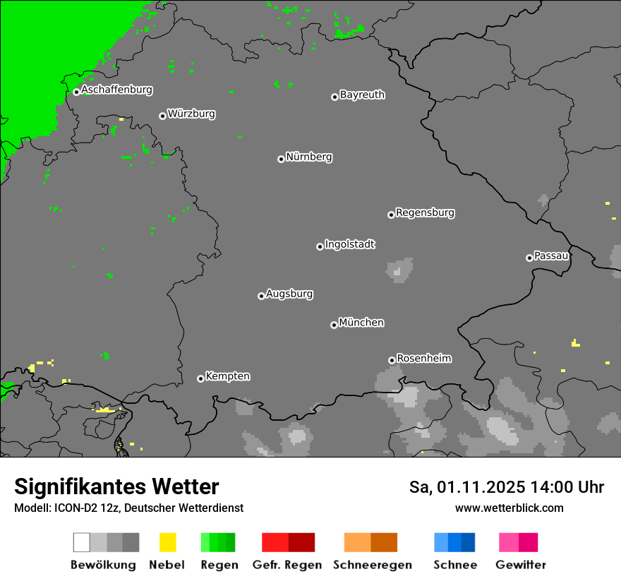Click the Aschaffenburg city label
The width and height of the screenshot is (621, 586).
click(116, 90)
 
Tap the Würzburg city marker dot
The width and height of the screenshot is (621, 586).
click(162, 116)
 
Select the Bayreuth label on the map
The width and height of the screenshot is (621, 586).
click(362, 95)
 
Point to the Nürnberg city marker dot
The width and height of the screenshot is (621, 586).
click(281, 159)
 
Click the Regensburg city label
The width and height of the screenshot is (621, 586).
click(425, 213)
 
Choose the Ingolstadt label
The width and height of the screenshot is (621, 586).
click(349, 244)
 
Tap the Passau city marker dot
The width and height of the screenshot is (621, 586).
click(529, 258)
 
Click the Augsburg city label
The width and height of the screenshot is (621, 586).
click(289, 294)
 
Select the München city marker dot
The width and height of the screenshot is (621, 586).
click(334, 325)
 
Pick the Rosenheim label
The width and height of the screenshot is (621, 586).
click(423, 358)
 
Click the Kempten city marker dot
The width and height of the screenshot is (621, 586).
click(200, 378)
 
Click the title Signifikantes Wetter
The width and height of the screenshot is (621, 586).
click(116, 486)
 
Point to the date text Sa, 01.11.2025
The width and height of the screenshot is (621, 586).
click(466, 487)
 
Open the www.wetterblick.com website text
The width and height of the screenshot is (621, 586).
click(509, 508)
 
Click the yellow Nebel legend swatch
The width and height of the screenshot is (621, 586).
click(167, 542)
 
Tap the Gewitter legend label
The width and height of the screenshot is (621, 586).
click(520, 565)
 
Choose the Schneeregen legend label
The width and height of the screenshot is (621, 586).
click(372, 565)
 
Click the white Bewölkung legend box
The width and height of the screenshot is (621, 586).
click(82, 542)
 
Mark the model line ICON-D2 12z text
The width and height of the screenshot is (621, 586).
click(128, 508)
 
